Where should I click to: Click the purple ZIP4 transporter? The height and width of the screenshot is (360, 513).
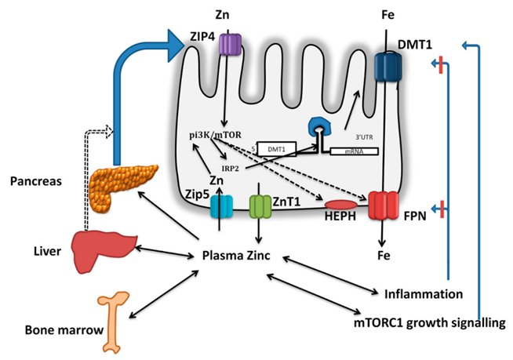pos(229,44)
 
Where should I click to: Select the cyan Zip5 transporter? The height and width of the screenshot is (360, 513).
pos(223,206)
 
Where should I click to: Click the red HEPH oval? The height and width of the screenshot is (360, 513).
pos(338,206)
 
